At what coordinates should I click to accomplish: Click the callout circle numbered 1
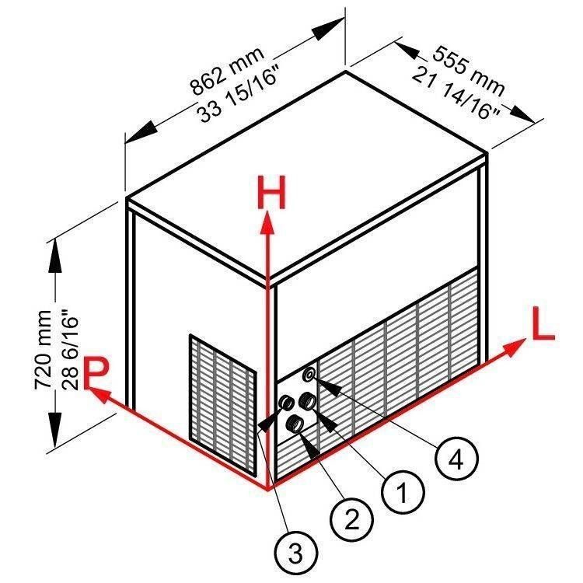coord(403,494)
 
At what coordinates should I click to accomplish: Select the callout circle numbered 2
coord(351,518)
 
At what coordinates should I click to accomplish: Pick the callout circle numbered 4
coord(456,459)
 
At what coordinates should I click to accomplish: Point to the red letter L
coord(543,323)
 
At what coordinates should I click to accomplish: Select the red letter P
coord(96,372)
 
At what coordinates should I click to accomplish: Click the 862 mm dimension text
coord(227,70)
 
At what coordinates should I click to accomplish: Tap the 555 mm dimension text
coord(470,70)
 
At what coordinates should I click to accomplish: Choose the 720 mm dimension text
coord(43,350)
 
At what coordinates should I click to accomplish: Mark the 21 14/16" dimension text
coord(456,93)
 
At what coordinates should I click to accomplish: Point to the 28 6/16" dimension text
coord(69,352)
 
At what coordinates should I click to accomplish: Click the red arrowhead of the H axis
coord(267,222)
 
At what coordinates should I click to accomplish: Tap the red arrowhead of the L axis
coord(515,347)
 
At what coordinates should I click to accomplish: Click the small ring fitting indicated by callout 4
coord(309,374)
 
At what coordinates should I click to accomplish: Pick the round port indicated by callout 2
coord(294,424)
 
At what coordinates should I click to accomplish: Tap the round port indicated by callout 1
coord(309,401)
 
